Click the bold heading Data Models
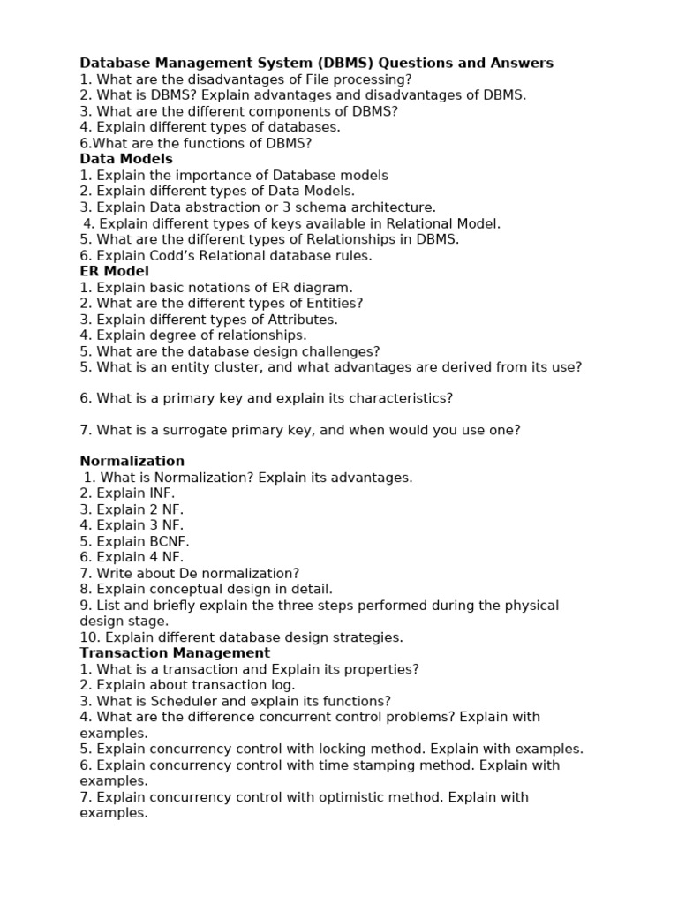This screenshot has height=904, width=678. click(x=126, y=159)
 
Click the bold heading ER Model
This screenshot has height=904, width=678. click(x=115, y=271)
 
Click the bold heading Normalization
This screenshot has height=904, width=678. click(x=132, y=461)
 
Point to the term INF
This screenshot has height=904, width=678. click(x=160, y=493)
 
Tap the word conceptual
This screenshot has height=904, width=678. click(x=191, y=589)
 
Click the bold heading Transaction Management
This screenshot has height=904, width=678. click(x=175, y=652)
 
